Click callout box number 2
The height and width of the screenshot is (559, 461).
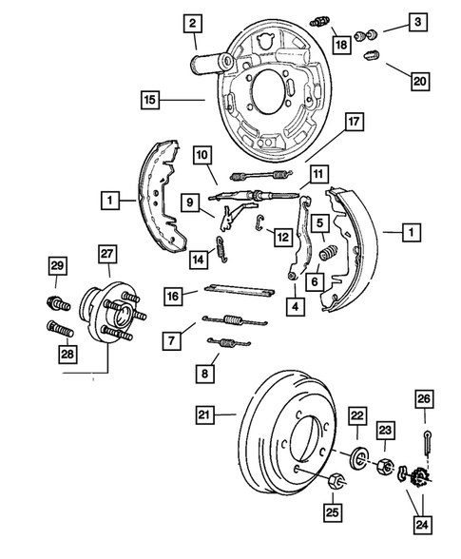(x=192, y=23)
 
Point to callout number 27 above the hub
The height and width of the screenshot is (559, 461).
(x=107, y=253)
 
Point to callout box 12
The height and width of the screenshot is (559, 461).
(x=281, y=235)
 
